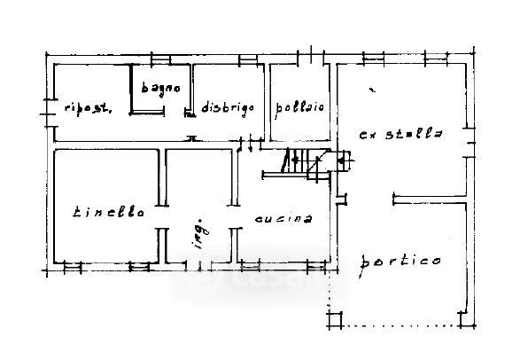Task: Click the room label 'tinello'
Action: tap(108, 212)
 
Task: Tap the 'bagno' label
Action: tap(161, 89)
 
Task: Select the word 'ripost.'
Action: tap(88, 108)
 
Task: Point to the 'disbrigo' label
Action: tap(228, 108)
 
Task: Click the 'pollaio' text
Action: tap(299, 108)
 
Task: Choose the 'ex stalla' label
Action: tap(401, 134)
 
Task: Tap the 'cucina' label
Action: tap(283, 219)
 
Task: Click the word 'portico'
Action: tap(400, 263)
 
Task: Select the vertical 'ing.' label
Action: tap(198, 233)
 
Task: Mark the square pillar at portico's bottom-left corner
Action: tap(335, 320)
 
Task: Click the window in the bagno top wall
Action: tap(160, 59)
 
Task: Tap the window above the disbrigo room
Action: tap(248, 59)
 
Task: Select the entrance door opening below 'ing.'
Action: tap(198, 266)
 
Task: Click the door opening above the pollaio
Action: tap(310, 56)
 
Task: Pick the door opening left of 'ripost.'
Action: tap(49, 113)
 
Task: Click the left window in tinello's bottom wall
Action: tap(73, 266)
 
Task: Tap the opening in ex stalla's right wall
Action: tap(470, 143)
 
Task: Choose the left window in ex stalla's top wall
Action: tap(374, 58)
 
